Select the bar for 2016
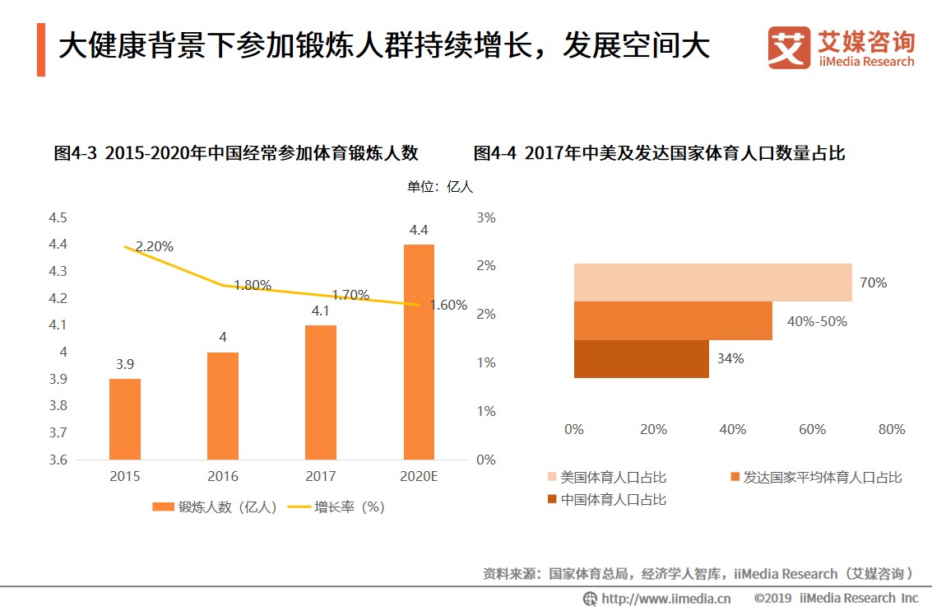(223, 405)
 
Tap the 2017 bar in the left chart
(321, 392)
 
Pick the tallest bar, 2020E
(419, 352)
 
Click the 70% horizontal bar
(712, 282)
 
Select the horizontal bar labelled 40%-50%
(673, 320)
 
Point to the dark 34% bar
(642, 359)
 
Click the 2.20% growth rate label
(155, 246)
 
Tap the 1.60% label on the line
(448, 305)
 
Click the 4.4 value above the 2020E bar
(419, 230)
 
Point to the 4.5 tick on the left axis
(58, 217)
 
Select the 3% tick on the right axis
(486, 217)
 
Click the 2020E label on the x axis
(419, 476)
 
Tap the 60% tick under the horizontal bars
(812, 429)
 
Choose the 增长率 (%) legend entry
(337, 507)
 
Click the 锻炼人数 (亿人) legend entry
(216, 507)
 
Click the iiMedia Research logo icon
(789, 48)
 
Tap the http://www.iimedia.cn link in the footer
(657, 598)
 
